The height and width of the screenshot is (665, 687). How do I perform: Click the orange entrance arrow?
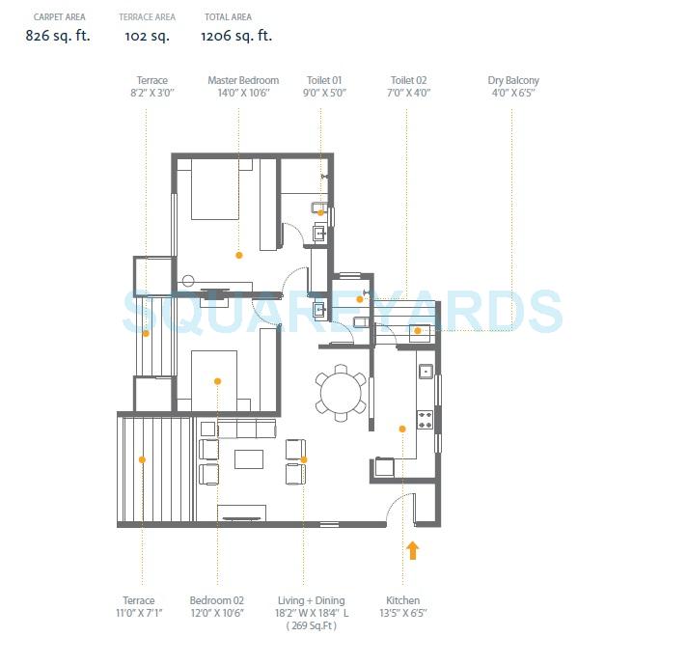[x=413, y=551]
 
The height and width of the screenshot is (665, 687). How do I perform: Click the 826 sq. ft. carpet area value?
[x=58, y=36]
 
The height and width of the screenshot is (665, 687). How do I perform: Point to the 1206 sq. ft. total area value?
[x=236, y=36]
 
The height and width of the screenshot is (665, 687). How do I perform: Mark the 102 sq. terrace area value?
[x=147, y=36]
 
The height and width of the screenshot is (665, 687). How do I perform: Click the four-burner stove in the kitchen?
[x=425, y=419]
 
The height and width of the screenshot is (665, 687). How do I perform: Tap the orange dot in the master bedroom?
[x=239, y=255]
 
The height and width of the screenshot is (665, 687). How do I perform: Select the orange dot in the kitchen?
[x=402, y=429]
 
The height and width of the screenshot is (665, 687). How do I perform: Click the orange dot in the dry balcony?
[x=418, y=331]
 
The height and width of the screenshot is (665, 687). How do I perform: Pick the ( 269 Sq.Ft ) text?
[x=311, y=625]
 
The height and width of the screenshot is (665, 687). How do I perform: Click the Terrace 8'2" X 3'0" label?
[x=152, y=87]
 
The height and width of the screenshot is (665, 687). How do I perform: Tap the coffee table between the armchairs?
[x=249, y=458]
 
